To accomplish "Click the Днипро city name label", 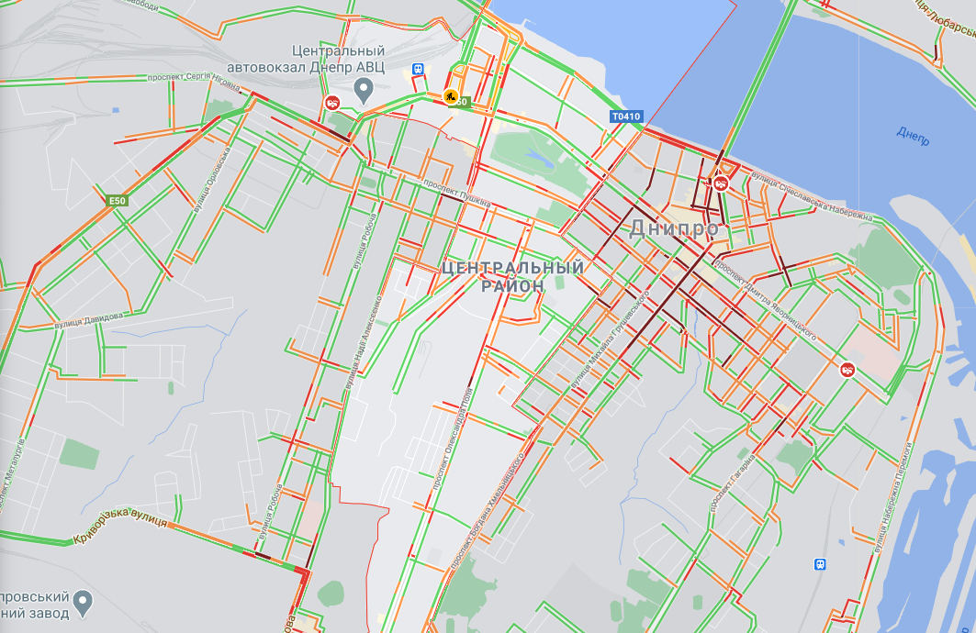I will tap(673, 229).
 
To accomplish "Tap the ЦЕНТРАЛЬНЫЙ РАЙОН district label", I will tap(512, 276).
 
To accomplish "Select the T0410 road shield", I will tap(626, 117).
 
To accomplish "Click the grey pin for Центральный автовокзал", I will tap(364, 90).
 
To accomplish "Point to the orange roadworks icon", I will tap(451, 95).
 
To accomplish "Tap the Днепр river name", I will tap(913, 135).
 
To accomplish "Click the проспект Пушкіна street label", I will tap(457, 193).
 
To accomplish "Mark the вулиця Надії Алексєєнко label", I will tap(364, 346).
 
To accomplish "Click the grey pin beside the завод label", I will tap(84, 602).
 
